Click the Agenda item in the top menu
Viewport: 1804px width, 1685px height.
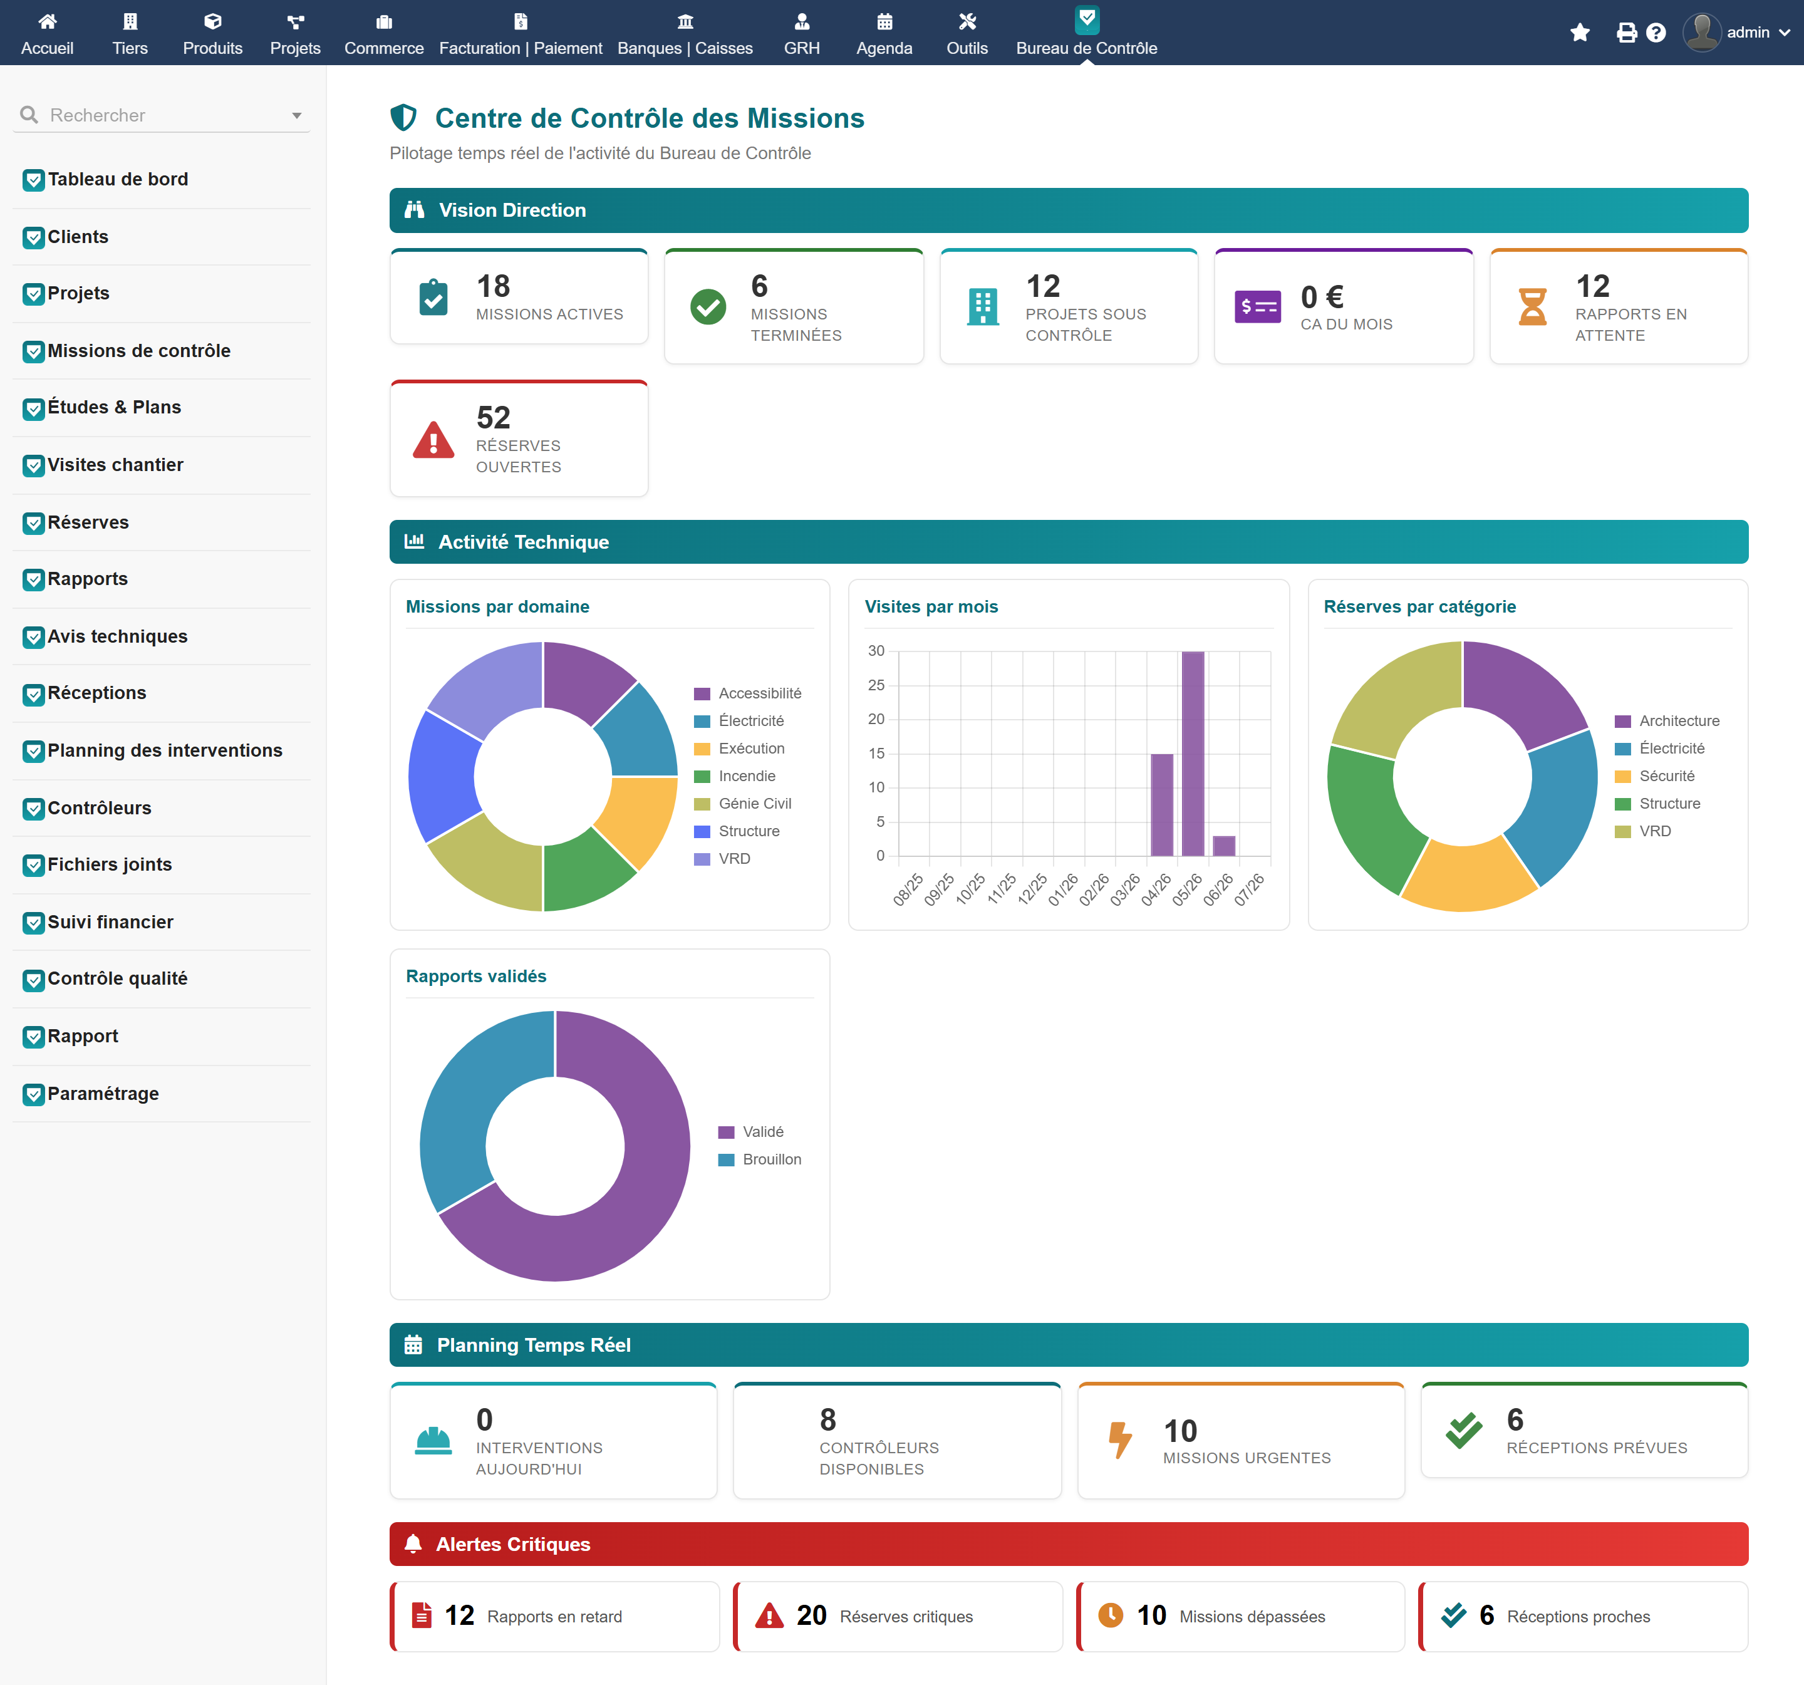pyautogui.click(x=884, y=34)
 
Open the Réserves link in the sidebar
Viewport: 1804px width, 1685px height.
pyautogui.click(x=88, y=522)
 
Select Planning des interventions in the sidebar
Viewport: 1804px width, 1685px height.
pyautogui.click(x=164, y=750)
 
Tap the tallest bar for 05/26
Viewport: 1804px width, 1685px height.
pyautogui.click(x=1193, y=753)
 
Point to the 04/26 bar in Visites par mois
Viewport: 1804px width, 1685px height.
pyautogui.click(x=1161, y=805)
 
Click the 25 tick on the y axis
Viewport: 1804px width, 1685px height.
pyautogui.click(x=876, y=685)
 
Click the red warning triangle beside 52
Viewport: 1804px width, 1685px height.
pyautogui.click(x=433, y=440)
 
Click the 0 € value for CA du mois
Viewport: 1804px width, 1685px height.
pyautogui.click(x=1322, y=298)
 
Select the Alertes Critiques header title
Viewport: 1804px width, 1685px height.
pyautogui.click(x=513, y=1544)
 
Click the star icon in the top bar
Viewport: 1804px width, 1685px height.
pyautogui.click(x=1580, y=33)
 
